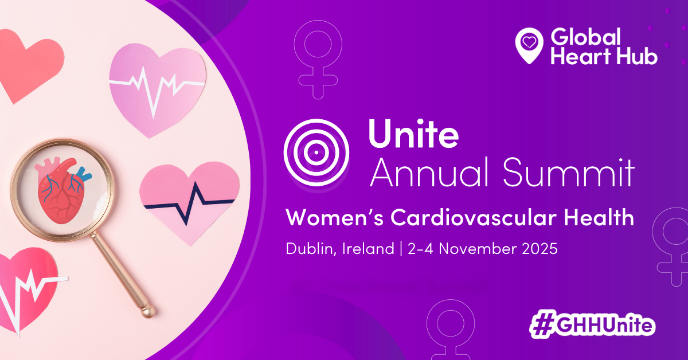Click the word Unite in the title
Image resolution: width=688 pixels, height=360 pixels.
pyautogui.click(x=413, y=134)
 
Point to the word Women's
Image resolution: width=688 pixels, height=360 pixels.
pyautogui.click(x=334, y=217)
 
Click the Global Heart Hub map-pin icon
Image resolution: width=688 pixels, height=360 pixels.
pyautogui.click(x=529, y=45)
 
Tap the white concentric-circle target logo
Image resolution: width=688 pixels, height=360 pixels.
pyautogui.click(x=316, y=152)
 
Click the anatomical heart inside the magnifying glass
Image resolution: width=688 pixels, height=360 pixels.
pyautogui.click(x=63, y=190)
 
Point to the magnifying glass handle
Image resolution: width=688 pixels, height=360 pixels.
pyautogui.click(x=122, y=273)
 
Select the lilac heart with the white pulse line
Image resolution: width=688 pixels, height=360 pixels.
pyautogui.click(x=157, y=89)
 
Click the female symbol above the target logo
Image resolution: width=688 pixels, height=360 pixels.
pyautogui.click(x=318, y=60)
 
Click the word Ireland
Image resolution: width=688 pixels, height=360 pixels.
pyautogui.click(x=368, y=249)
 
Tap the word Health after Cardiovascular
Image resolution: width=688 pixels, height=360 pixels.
pyautogui.click(x=599, y=217)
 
